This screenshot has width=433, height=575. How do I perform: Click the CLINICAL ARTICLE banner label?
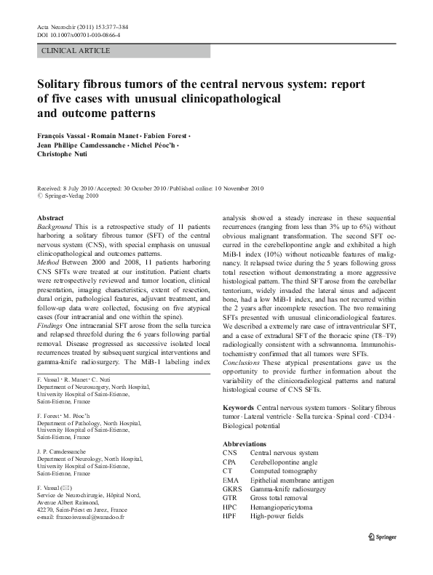pyautogui.click(x=76, y=51)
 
